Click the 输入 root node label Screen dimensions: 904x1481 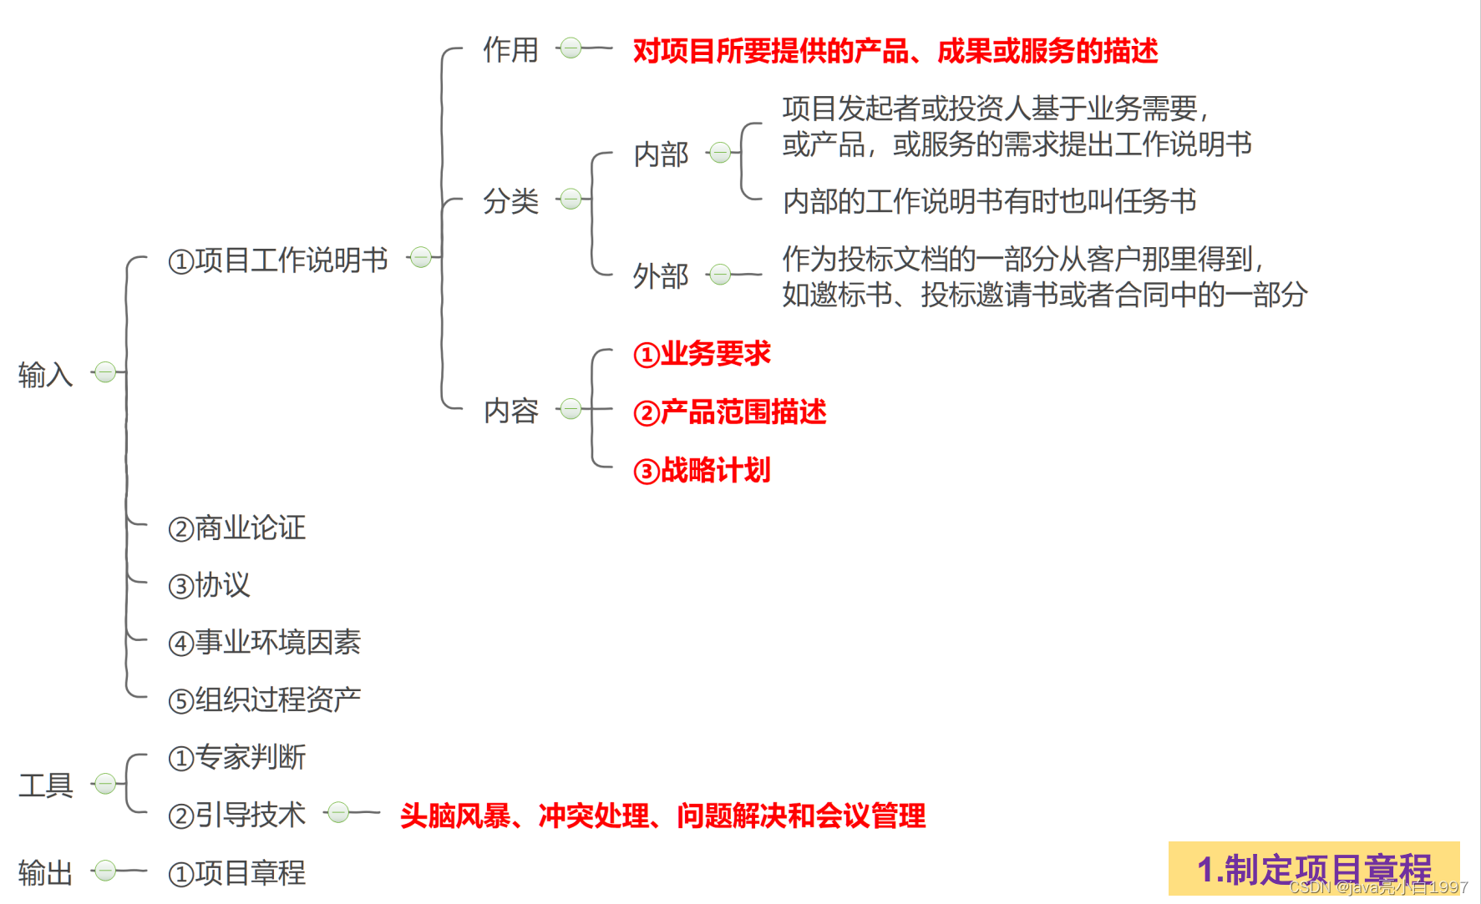click(46, 374)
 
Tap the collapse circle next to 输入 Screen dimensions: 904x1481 click(105, 371)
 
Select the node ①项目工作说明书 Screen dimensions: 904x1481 click(278, 260)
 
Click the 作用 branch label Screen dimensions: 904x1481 click(510, 50)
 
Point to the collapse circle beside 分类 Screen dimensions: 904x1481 click(571, 199)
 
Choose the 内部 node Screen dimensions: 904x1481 click(661, 154)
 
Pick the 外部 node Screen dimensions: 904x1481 click(661, 275)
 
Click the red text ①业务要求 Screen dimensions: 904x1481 click(702, 354)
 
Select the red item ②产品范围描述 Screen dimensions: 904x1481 click(729, 412)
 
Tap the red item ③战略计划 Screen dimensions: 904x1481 click(702, 471)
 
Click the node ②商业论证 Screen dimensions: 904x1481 click(237, 528)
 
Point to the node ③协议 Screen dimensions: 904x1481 click(210, 585)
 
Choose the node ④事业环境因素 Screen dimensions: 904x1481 click(265, 642)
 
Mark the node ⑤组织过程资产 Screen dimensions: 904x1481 click(265, 699)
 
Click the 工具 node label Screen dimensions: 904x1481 click(46, 785)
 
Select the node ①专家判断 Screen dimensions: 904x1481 click(237, 757)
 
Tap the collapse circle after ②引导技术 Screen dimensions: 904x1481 click(338, 812)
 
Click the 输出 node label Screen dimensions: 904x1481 click(46, 873)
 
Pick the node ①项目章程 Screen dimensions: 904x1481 click(237, 873)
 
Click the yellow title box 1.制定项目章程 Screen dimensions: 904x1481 click(1313, 868)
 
